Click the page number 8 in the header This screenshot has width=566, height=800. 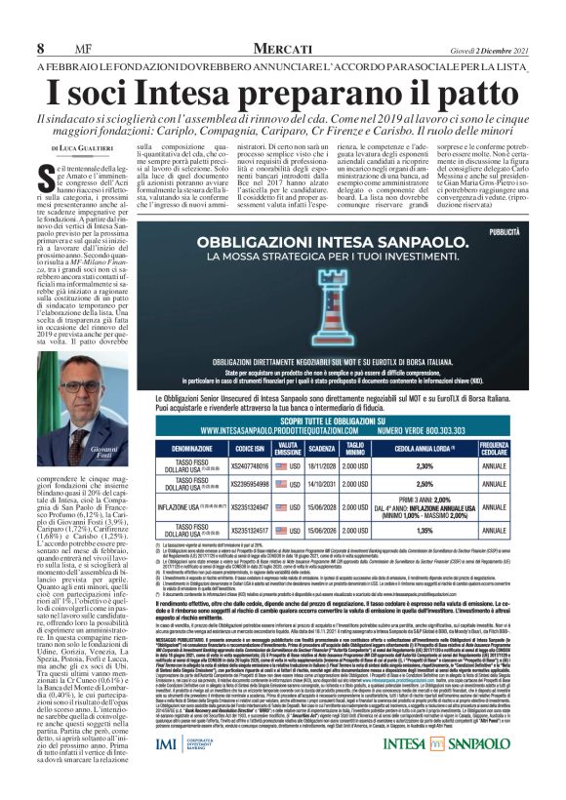point(41,49)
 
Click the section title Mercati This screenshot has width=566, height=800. point(277,48)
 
